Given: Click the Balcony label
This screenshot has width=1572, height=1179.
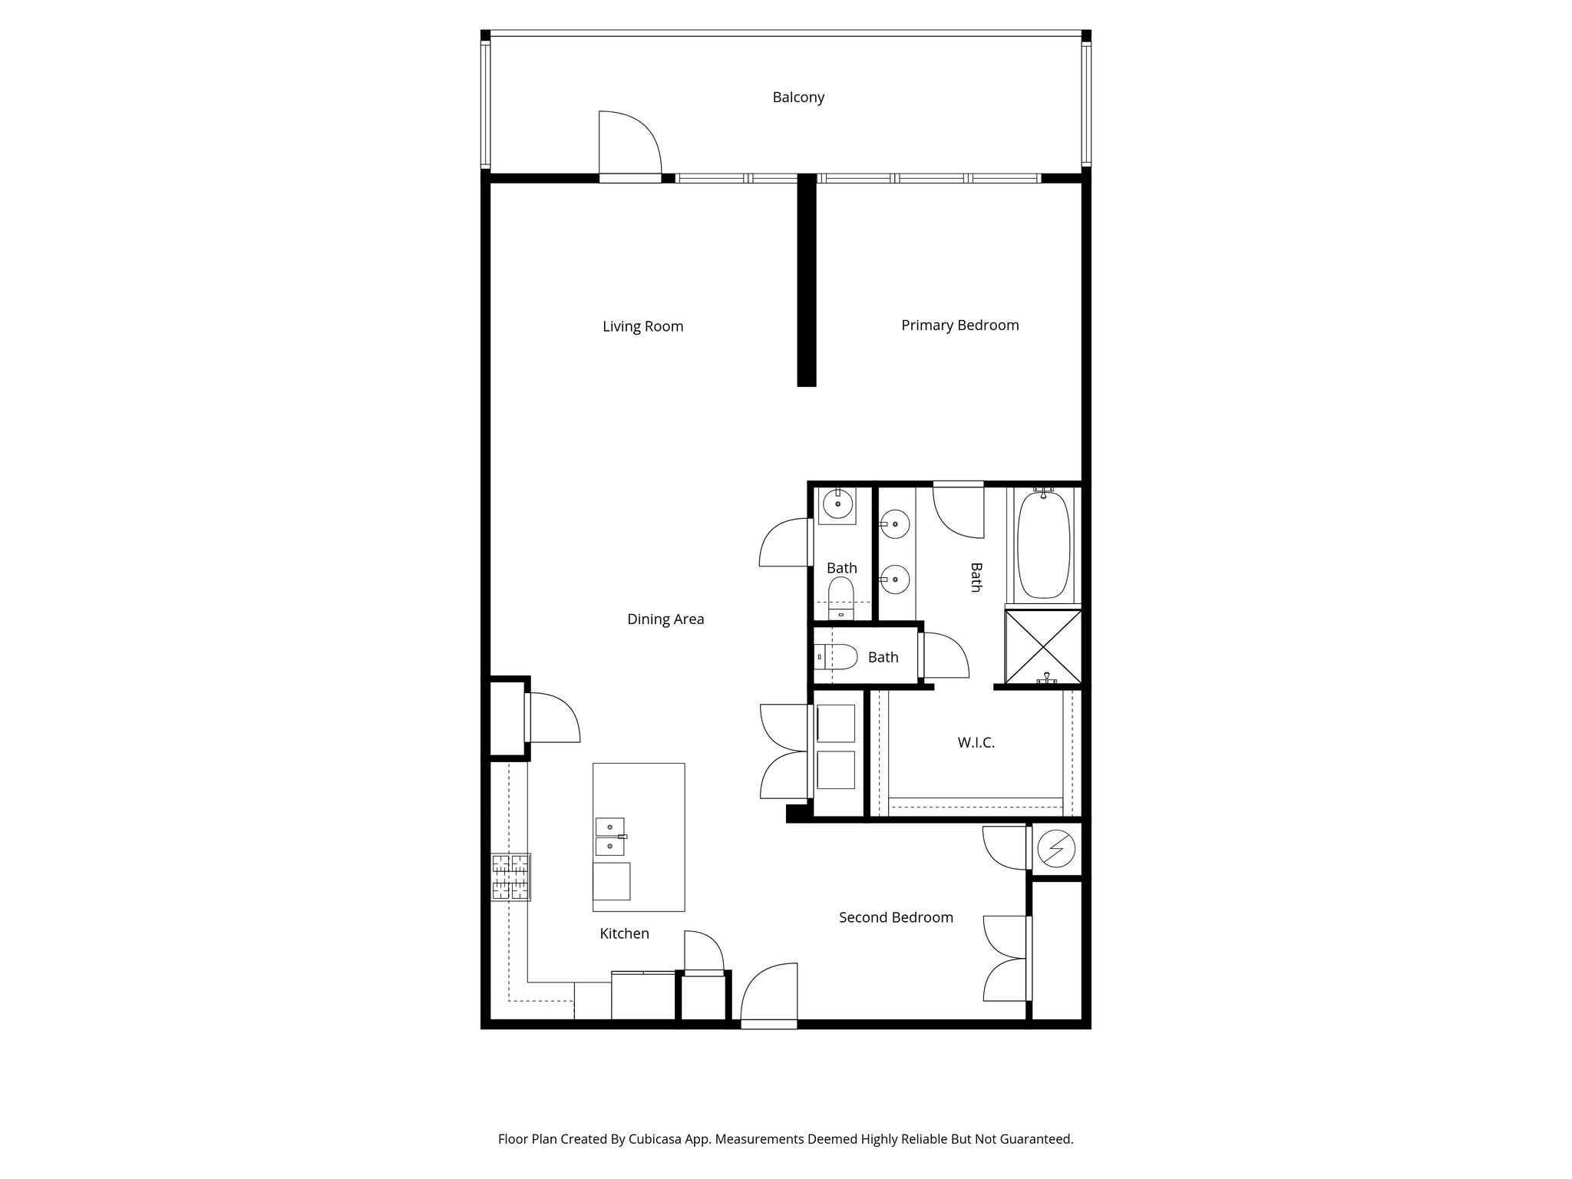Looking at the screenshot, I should pos(798,97).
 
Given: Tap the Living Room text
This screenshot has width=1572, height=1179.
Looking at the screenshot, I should pos(642,326).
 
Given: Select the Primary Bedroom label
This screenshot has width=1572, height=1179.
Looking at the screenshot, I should pos(959,325).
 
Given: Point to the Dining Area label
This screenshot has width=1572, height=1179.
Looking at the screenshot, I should pos(665,619).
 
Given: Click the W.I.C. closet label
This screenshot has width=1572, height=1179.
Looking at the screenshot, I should pos(976,743).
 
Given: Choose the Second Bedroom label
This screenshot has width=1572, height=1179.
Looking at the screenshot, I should pos(896,917).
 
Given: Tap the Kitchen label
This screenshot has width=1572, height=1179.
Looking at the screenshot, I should pos(624,933).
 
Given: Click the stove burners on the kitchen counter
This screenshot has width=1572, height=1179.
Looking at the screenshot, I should pos(511,877).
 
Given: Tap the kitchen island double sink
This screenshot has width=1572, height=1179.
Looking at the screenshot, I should pos(610,837).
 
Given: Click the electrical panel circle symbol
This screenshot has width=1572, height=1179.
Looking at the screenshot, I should pos(1056,849).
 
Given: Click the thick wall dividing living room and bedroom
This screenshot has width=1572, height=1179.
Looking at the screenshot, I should pos(806,280).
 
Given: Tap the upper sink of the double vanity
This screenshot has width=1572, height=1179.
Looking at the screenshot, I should pos(895,524).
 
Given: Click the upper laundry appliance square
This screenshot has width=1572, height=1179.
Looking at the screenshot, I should pos(836,724).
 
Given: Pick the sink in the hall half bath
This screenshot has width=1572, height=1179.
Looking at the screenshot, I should pos(837,505).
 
